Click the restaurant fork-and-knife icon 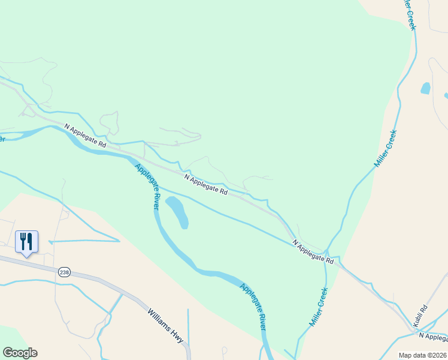(x=26, y=242)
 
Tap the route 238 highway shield (x=64, y=272)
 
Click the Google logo (x=20, y=353)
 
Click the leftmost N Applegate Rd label (x=85, y=136)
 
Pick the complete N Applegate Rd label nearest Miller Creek (x=313, y=252)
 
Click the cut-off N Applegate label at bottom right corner (x=433, y=336)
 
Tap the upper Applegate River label (x=147, y=187)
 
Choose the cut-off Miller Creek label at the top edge (x=408, y=13)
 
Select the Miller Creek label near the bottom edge (x=319, y=306)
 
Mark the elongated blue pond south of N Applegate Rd (x=177, y=212)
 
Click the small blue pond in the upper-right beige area (x=426, y=88)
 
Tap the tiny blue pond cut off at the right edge (x=446, y=95)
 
